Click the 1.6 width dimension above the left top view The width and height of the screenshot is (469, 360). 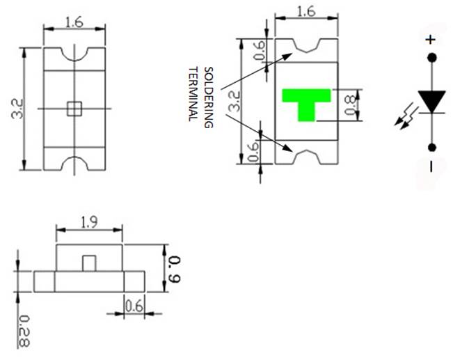pyautogui.click(x=74, y=22)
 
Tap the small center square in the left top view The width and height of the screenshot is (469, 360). pyautogui.click(x=74, y=108)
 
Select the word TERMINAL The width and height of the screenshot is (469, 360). pyautogui.click(x=193, y=94)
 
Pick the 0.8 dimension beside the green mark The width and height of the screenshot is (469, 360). pyautogui.click(x=351, y=104)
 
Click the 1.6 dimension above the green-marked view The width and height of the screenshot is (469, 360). pyautogui.click(x=306, y=12)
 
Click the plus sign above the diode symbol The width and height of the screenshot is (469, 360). pyautogui.click(x=430, y=40)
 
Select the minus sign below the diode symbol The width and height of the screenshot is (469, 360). pyautogui.click(x=431, y=166)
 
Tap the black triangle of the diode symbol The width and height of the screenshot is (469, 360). pyautogui.click(x=431, y=102)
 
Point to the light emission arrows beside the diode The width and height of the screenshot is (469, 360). pyautogui.click(x=403, y=120)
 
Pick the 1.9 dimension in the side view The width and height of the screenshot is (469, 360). pyautogui.click(x=89, y=223)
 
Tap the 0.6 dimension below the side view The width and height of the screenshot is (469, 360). pyautogui.click(x=134, y=304)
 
